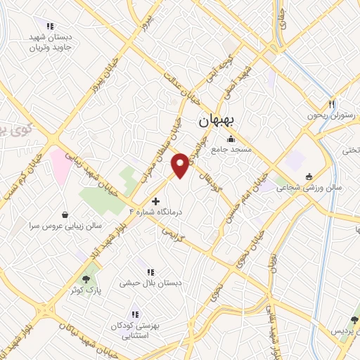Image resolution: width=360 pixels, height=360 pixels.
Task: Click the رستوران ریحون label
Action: click(x=327, y=115)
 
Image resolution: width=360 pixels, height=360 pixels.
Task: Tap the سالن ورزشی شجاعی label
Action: click(x=308, y=188)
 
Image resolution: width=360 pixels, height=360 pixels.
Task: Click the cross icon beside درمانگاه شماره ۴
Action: click(x=156, y=201)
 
